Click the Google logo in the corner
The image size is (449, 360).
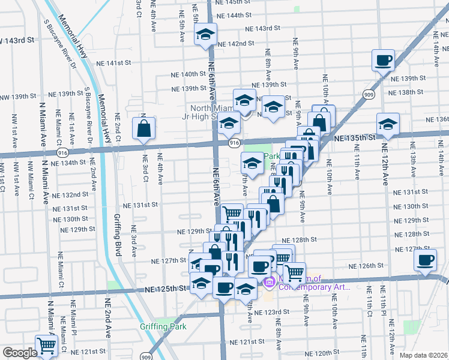[x=19, y=353]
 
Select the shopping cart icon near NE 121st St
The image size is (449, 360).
[x=46, y=345]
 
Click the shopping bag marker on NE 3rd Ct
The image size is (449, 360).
[x=144, y=127]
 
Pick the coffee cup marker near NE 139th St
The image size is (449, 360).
[x=383, y=60]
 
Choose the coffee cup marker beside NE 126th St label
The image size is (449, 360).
[x=426, y=260]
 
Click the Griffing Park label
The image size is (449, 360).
[x=163, y=326]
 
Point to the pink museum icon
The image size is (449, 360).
[x=268, y=281]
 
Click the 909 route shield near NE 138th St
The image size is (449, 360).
[x=369, y=94]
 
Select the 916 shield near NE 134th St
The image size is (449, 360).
[x=62, y=153]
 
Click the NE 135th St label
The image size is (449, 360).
[x=354, y=137]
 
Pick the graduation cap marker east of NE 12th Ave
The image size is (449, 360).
[x=388, y=124]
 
